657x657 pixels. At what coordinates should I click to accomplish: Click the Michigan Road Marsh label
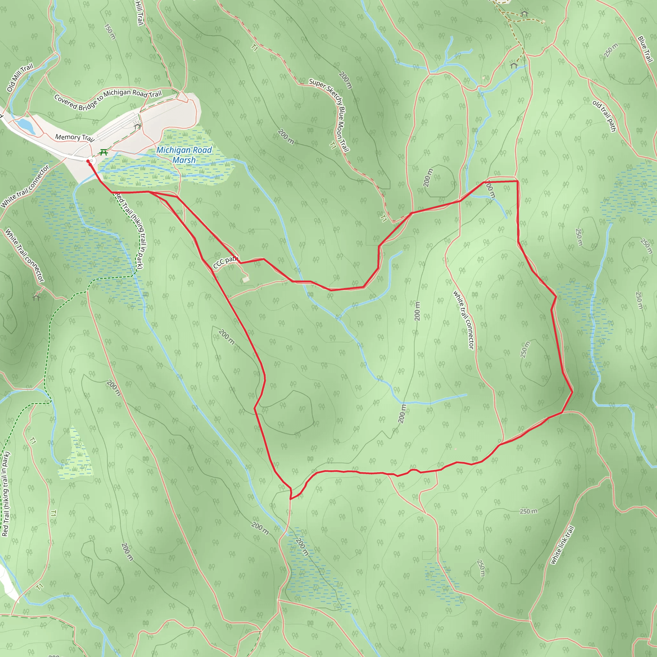[x=184, y=155]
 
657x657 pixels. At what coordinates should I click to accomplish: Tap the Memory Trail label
[x=74, y=137]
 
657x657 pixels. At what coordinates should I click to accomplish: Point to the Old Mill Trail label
[x=20, y=78]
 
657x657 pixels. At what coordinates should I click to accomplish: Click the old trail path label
[x=604, y=115]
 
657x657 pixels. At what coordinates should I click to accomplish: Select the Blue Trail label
[x=645, y=49]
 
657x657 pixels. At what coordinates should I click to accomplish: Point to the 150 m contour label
[x=110, y=31]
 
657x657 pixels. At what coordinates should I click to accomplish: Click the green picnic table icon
[x=104, y=152]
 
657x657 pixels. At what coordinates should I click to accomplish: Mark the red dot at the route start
[x=88, y=161]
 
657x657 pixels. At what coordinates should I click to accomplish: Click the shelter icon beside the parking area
[x=137, y=126]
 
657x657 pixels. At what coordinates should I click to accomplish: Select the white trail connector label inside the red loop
[x=463, y=320]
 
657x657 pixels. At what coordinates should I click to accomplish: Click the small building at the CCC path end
[x=245, y=279]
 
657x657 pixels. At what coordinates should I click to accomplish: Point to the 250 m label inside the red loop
[x=525, y=350]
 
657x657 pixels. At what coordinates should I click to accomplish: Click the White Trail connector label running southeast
[x=24, y=255]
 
